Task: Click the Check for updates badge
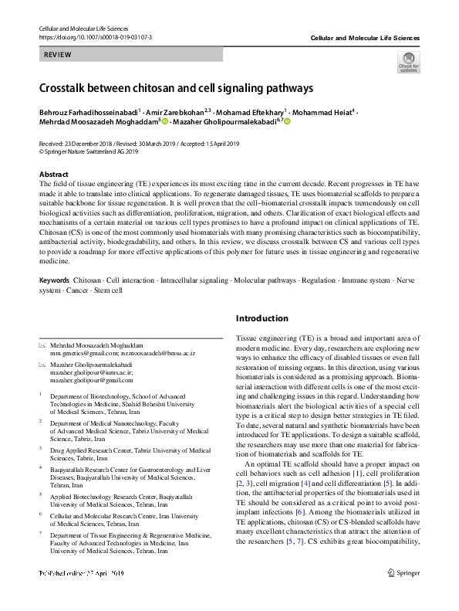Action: click(407, 62)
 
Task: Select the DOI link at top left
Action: click(95, 36)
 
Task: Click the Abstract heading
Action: click(53, 175)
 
